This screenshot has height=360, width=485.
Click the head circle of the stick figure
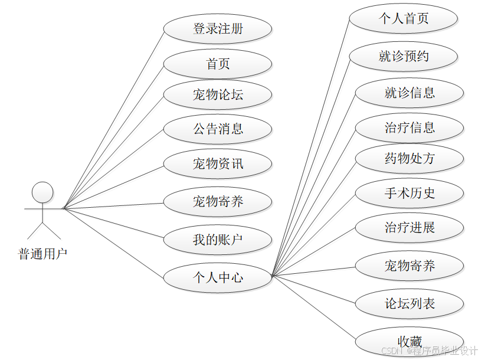pos(42,192)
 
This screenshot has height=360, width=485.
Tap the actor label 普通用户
pos(42,254)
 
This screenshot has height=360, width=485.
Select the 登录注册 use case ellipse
pos(217,28)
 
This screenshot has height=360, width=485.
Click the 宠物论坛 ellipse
pos(217,94)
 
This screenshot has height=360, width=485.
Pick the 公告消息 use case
pos(217,129)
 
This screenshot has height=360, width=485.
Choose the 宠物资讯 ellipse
pos(217,163)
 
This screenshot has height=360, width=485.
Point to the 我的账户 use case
pos(217,240)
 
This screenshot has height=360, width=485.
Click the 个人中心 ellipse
pos(217,277)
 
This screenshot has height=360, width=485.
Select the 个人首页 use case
pos(404,18)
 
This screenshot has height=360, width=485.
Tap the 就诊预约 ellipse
pos(404,57)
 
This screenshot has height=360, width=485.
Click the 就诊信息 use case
pos(409,93)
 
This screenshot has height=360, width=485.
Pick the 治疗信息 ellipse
pos(409,127)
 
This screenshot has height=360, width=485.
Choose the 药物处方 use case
pos(409,158)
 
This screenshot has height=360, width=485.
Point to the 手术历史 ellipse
pos(409,193)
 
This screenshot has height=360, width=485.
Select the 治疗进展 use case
pos(409,228)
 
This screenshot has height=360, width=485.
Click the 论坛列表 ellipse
pos(409,304)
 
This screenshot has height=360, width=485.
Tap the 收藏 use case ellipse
pos(409,341)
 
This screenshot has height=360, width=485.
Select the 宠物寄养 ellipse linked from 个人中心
pos(409,266)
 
